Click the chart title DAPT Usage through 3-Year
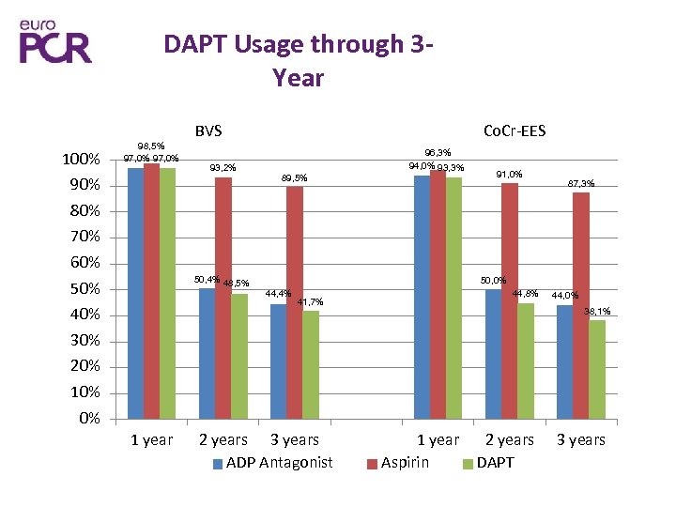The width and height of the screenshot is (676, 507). (298, 60)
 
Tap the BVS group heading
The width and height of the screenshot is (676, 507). (208, 131)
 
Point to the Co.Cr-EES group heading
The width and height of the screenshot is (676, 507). (514, 131)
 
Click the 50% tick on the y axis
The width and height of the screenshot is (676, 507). (84, 289)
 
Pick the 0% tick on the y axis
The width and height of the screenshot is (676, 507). (88, 419)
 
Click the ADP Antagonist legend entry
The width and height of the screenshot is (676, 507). (272, 462)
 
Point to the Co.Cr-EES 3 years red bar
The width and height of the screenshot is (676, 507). (581, 305)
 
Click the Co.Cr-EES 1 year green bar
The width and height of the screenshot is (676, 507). (453, 298)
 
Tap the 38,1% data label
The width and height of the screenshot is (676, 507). (597, 311)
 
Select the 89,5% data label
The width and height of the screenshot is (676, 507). (295, 177)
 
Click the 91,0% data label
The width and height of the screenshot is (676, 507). (509, 174)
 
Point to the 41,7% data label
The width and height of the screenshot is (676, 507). (310, 302)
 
